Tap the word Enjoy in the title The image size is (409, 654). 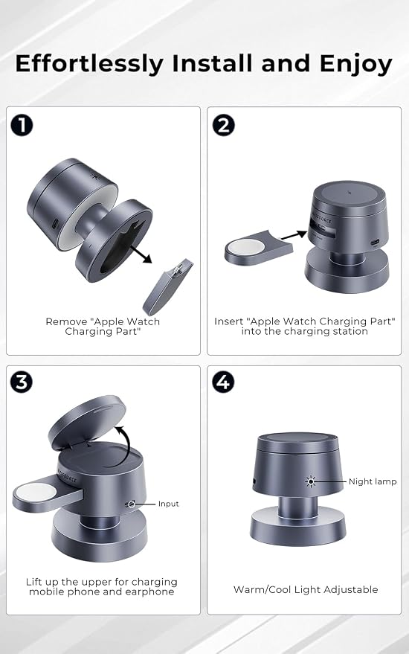[355, 65]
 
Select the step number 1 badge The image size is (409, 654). [22, 125]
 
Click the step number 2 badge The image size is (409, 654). [224, 125]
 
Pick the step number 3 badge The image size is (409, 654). [22, 382]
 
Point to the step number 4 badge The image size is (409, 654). [224, 382]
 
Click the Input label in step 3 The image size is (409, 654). [169, 504]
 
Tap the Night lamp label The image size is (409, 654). [373, 481]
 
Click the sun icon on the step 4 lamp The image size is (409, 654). [310, 481]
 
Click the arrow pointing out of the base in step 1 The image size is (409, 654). [141, 254]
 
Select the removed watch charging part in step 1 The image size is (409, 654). [168, 286]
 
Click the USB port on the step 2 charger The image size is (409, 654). [376, 242]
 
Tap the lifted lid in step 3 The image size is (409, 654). [87, 421]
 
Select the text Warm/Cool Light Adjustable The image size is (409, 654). [306, 589]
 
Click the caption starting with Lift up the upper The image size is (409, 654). [101, 587]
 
